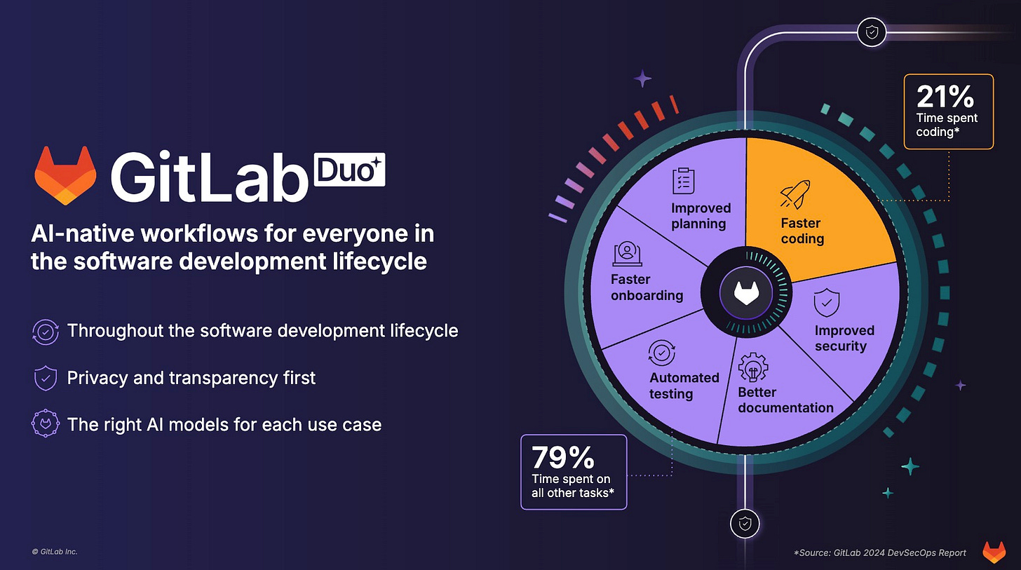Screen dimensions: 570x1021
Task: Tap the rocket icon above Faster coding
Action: coord(795,194)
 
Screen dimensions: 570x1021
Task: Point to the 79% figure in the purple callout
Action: coord(562,457)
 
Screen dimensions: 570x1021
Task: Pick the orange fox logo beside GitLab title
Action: coord(65,175)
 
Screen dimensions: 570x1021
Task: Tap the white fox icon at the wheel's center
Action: coord(746,292)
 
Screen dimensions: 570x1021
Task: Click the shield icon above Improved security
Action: coord(825,304)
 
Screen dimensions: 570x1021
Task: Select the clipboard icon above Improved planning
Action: coord(683,181)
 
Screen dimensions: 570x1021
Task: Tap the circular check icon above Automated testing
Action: coord(661,353)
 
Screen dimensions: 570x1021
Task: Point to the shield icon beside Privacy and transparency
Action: coord(45,379)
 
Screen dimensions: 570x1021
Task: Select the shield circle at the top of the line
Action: coord(872,32)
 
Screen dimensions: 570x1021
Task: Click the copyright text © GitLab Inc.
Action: coord(55,552)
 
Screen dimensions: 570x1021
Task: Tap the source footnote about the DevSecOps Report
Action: coord(879,552)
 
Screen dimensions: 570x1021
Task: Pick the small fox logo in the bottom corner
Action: coord(994,552)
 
